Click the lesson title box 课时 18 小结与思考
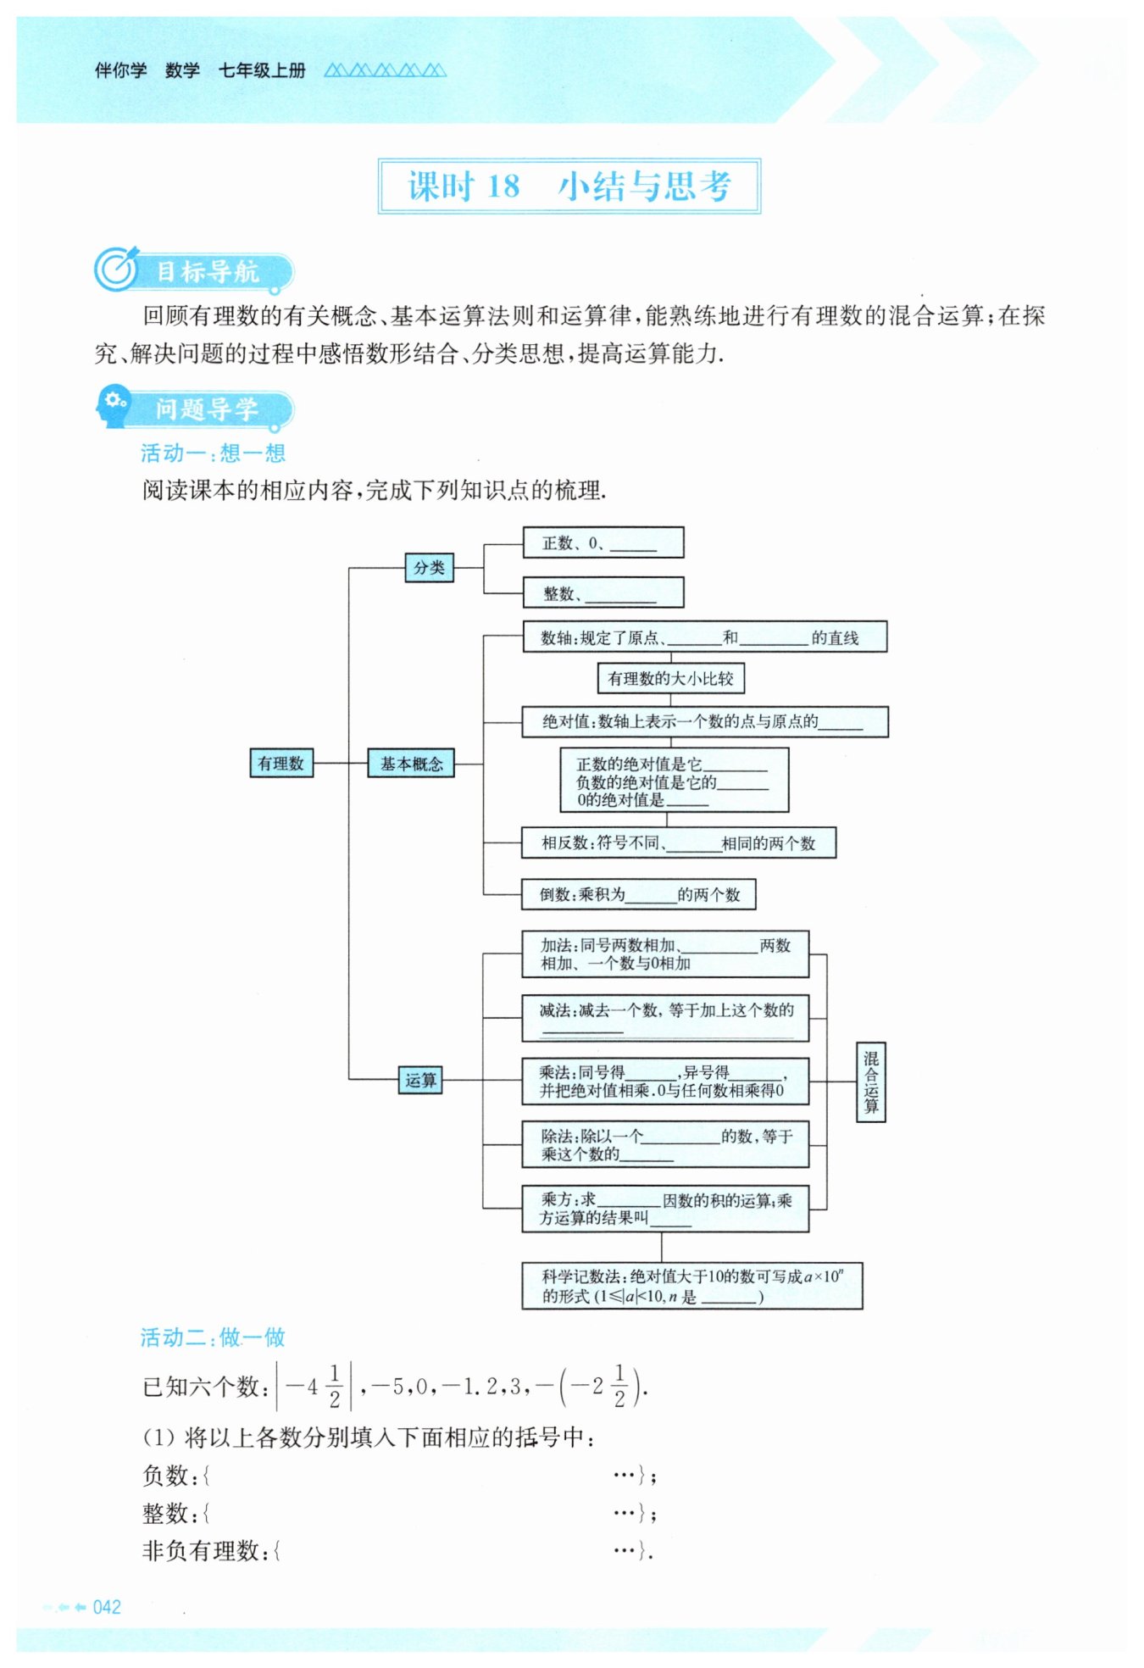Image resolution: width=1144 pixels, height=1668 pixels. coord(569,186)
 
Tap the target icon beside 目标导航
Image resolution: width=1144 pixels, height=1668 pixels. coord(115,270)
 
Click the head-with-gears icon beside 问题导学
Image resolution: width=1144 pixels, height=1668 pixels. coord(113,407)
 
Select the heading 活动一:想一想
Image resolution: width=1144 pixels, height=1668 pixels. coord(213,453)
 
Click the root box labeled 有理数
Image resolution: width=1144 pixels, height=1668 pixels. coord(281,763)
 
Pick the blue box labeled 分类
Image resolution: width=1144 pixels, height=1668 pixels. coord(429,567)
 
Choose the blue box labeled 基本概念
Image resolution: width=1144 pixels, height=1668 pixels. coord(411,763)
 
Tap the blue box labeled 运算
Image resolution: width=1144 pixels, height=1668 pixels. coord(420,1080)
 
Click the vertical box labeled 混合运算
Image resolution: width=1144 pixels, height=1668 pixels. coord(870,1081)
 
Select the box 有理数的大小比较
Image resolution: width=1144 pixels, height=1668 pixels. coord(670,678)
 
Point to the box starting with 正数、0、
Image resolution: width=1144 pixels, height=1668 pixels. coord(603,542)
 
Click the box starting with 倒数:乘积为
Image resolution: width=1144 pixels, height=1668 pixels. coord(638,894)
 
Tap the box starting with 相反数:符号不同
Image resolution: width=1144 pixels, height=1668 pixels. coord(678,842)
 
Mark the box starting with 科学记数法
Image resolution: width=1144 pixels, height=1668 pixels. coord(691,1286)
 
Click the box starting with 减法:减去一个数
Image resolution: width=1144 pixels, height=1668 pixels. coord(665,1018)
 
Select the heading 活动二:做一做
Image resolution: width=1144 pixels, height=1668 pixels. coord(213,1337)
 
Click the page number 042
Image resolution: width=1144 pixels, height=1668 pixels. coord(107,1607)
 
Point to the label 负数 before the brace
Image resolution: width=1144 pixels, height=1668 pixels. coord(164,1476)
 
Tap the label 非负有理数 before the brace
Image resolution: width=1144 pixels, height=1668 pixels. coord(200,1551)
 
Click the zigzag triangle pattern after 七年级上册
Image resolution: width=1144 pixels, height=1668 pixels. coord(385,70)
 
